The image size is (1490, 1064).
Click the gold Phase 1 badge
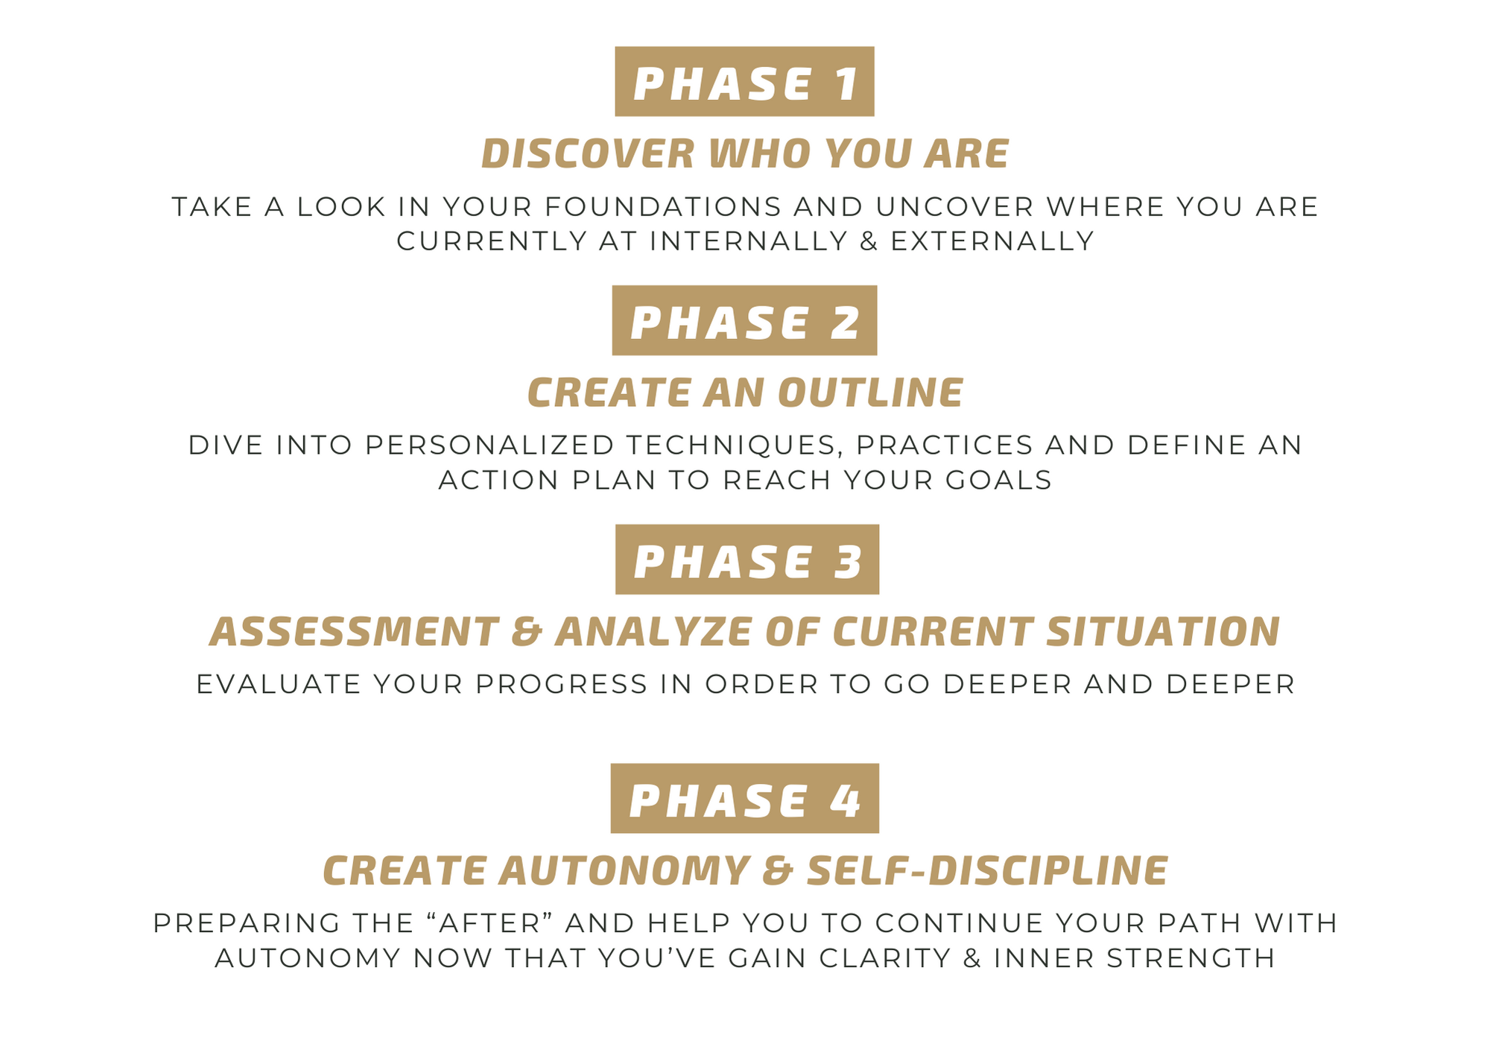[x=744, y=81]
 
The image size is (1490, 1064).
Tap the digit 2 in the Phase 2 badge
[x=845, y=323]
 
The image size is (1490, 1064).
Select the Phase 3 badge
[x=747, y=560]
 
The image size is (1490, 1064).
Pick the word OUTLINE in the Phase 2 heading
[x=870, y=393]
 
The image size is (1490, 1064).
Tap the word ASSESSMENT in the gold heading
[x=354, y=632]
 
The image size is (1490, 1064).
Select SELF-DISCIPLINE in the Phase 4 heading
[x=987, y=871]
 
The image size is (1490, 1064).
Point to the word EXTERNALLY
[x=992, y=241]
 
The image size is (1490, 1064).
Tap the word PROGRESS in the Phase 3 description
[x=562, y=685]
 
